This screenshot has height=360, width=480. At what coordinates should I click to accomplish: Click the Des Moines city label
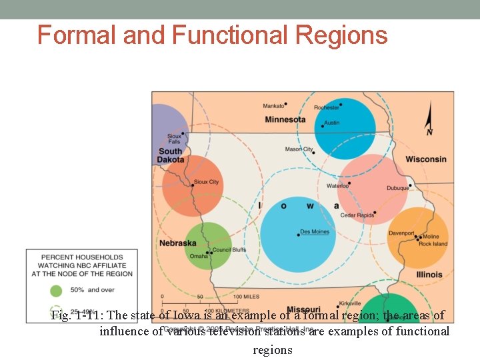(315, 232)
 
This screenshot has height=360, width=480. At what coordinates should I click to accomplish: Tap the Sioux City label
(205, 182)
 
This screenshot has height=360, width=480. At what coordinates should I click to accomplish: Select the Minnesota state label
(285, 120)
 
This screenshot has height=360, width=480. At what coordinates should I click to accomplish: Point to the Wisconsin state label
(426, 159)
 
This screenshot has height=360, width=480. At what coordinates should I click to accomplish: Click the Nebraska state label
(177, 243)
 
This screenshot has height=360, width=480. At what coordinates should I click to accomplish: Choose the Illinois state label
(429, 275)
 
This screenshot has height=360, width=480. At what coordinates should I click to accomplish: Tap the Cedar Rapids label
(357, 215)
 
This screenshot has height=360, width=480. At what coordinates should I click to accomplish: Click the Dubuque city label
(398, 188)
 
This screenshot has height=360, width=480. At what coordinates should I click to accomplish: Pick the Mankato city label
(273, 105)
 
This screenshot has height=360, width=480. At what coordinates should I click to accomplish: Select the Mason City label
(299, 149)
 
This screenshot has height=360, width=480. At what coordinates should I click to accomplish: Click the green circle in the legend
(56, 290)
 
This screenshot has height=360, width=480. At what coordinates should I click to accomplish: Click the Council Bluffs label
(229, 250)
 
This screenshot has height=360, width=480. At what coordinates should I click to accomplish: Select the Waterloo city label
(337, 185)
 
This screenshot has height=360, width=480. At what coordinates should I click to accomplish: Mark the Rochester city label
(327, 107)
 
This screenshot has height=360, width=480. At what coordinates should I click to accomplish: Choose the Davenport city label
(401, 233)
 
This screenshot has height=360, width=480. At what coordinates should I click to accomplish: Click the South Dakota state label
(171, 155)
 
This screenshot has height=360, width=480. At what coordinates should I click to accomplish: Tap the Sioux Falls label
(174, 139)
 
